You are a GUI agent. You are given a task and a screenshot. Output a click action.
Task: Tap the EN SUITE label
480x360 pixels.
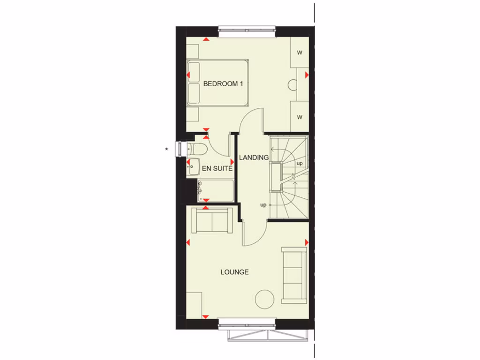click(217, 168)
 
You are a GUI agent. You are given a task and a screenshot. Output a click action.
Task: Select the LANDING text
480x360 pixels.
click(254, 157)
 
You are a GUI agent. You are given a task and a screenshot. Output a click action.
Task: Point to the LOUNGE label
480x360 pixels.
click(234, 272)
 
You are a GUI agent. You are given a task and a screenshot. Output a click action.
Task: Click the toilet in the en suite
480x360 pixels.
click(198, 150)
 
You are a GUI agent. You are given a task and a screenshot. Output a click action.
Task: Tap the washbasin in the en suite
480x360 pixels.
click(192, 166)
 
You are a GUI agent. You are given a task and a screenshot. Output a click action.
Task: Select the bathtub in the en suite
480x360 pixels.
click(215, 190)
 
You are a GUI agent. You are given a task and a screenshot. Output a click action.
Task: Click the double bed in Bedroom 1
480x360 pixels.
click(217, 83)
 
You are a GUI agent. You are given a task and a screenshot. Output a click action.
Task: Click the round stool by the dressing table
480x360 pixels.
click(293, 85)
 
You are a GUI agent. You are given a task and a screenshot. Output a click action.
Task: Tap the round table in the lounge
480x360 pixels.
click(265, 299)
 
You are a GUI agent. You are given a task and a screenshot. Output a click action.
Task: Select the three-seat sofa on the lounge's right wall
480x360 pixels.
click(294, 275)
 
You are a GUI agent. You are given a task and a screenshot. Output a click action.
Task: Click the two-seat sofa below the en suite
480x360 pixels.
click(212, 221)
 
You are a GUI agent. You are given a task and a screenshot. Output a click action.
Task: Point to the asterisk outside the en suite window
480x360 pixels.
click(166, 150)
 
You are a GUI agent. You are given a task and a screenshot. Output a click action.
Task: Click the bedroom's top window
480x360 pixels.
click(247, 31)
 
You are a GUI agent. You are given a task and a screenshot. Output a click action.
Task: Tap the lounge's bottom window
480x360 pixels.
click(247, 324)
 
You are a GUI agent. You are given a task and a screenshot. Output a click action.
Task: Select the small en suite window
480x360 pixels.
click(179, 149)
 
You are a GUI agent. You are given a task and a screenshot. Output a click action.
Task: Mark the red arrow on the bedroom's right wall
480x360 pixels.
click(307, 75)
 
